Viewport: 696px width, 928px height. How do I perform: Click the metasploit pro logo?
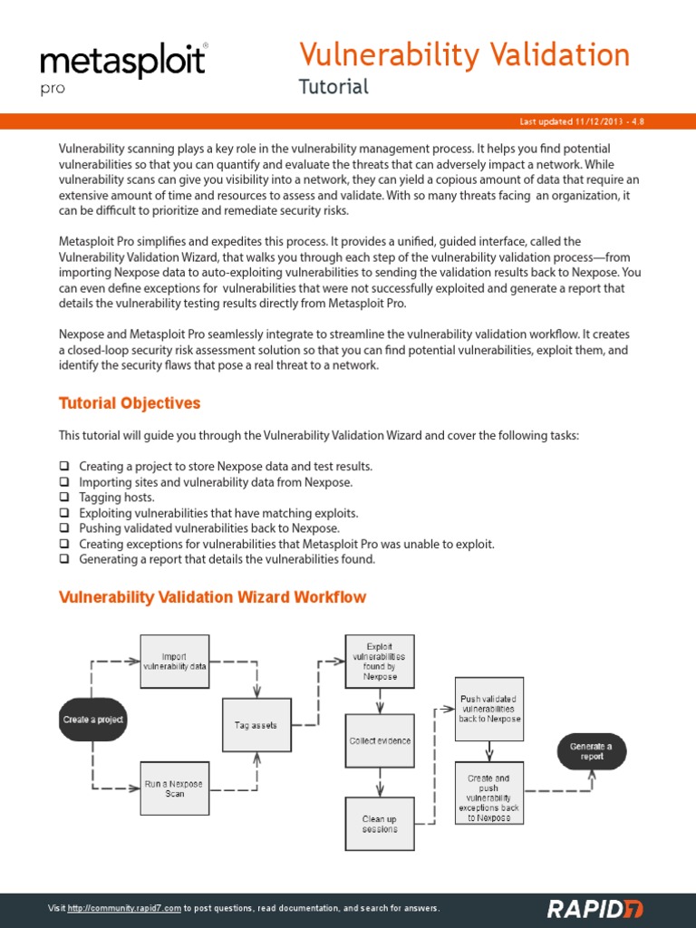(x=123, y=67)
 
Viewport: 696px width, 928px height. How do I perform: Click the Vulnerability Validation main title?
(x=464, y=55)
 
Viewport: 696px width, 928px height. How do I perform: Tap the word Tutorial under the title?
(x=333, y=87)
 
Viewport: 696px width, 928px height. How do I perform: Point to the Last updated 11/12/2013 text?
(x=581, y=121)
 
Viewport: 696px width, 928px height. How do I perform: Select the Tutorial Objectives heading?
(x=130, y=403)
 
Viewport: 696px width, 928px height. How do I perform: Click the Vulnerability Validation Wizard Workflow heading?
(x=212, y=597)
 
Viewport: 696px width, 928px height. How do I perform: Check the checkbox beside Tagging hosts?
(x=64, y=498)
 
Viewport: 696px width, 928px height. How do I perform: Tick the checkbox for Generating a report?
(x=64, y=559)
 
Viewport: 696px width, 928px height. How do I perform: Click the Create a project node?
(x=92, y=720)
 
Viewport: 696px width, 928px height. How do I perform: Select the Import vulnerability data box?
(x=175, y=662)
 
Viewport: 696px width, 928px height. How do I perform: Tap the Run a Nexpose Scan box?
(x=175, y=788)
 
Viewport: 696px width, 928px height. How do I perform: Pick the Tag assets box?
(x=256, y=725)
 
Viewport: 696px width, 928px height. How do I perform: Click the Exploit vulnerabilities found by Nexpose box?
(x=380, y=662)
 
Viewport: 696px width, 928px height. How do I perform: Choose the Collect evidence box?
(x=380, y=740)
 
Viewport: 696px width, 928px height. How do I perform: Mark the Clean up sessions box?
(x=380, y=824)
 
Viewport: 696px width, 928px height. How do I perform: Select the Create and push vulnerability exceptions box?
(x=489, y=792)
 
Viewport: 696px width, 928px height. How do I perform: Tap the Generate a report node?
(x=591, y=751)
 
